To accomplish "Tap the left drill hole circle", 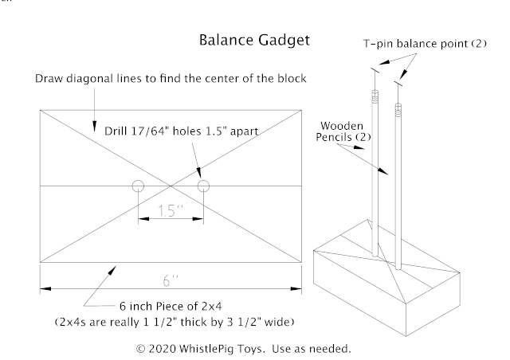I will pos(138,186).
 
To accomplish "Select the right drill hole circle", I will pos(203,186).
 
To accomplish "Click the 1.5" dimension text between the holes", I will pos(170,212).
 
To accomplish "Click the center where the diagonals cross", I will pos(171,186).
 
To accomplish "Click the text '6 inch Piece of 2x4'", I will pos(169,307).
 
